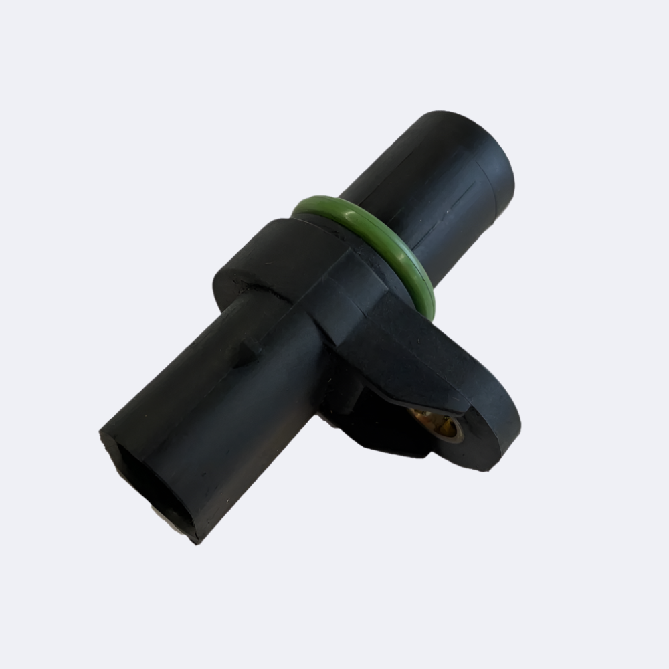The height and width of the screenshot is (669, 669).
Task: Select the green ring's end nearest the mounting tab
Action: [x=425, y=301]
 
